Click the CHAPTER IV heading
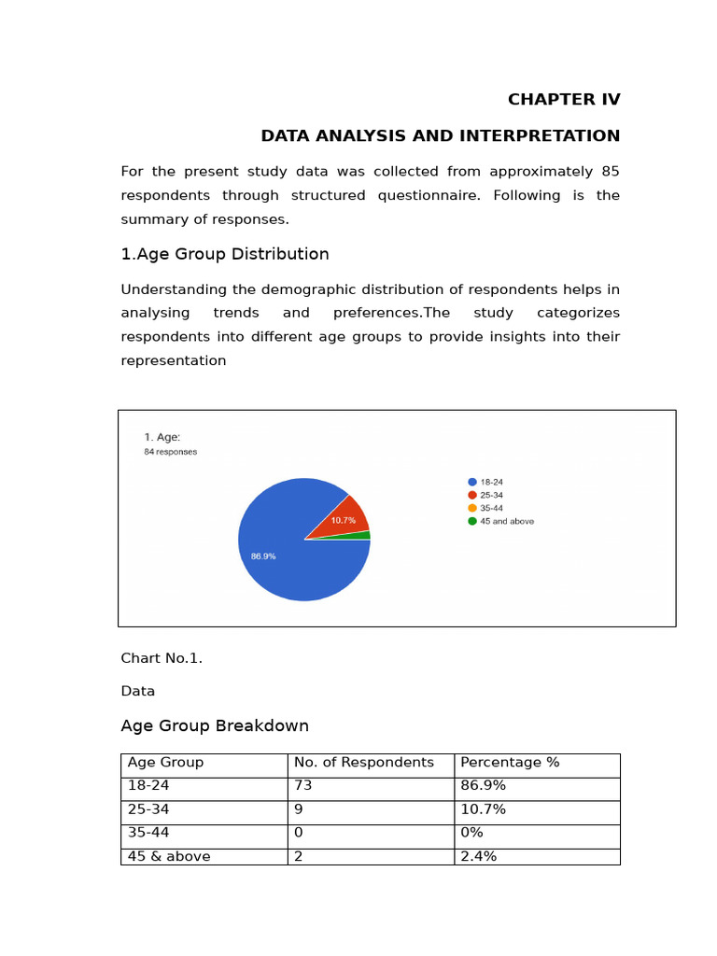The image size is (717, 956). tap(563, 100)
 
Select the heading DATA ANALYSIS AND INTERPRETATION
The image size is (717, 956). tap(440, 136)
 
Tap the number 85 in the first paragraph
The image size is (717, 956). tap(610, 172)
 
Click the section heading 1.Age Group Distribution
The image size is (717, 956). tap(224, 254)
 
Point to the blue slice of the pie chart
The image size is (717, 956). tap(289, 560)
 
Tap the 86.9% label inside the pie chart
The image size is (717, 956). tap(263, 556)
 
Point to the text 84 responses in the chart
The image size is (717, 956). tap(170, 452)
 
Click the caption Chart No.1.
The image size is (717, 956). tap(162, 658)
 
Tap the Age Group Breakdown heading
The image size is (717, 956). tap(215, 726)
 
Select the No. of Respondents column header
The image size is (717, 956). tap(363, 763)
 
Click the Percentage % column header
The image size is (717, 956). tap(510, 763)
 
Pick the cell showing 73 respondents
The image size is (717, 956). tap(302, 786)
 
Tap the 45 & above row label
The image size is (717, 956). tap(169, 856)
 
